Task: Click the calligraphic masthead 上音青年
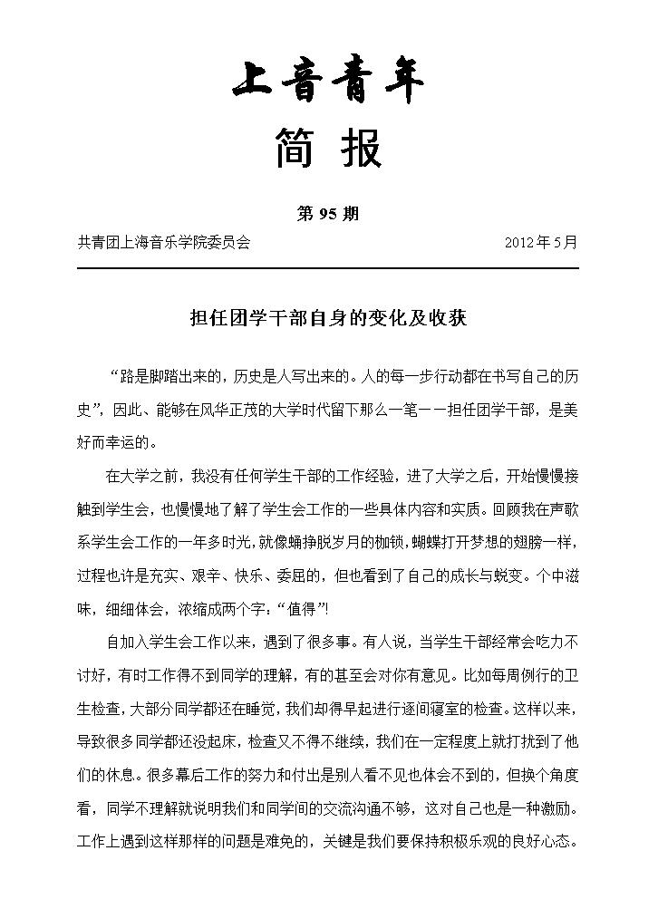(328, 83)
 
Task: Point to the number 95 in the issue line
(327, 215)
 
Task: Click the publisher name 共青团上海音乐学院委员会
(164, 242)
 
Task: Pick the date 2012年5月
(540, 242)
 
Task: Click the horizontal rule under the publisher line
(328, 268)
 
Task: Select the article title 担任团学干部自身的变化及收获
(327, 319)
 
